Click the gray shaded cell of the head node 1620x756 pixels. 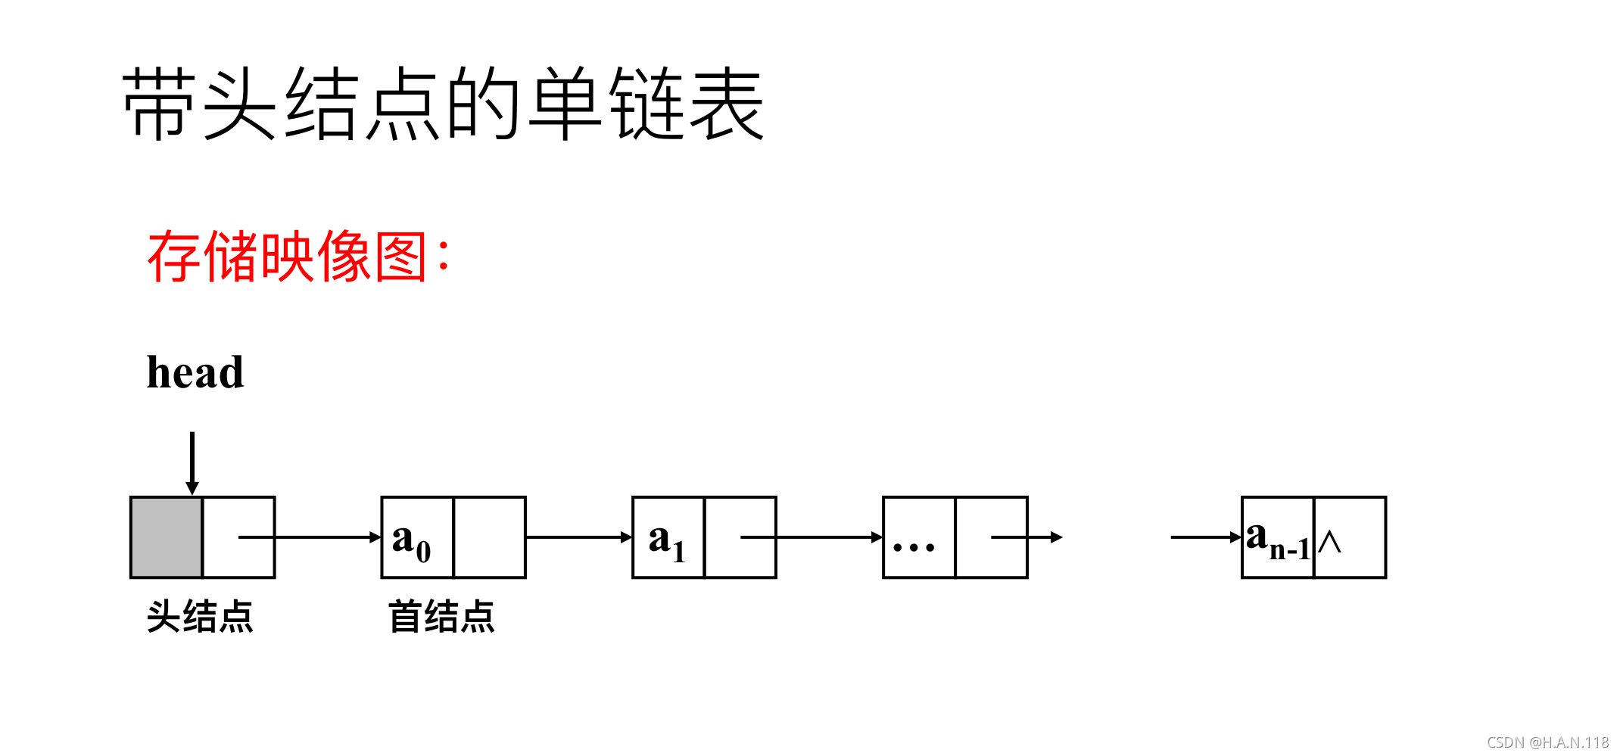pyautogui.click(x=167, y=537)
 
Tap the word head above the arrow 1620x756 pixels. pyautogui.click(x=195, y=372)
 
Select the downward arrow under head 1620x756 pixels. pyautogui.click(x=192, y=462)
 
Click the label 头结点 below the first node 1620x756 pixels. pyautogui.click(x=200, y=616)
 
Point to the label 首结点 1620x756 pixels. pyautogui.click(x=441, y=616)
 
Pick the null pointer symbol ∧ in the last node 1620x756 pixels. pyautogui.click(x=1330, y=542)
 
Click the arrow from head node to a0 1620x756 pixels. pyautogui.click(x=310, y=537)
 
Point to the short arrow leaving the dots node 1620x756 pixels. pyautogui.click(x=1030, y=537)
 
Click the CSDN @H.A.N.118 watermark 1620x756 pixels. pyautogui.click(x=1547, y=742)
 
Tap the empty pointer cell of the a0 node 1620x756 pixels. pyautogui.click(x=489, y=537)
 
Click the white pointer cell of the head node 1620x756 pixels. pyautogui.click(x=238, y=537)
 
